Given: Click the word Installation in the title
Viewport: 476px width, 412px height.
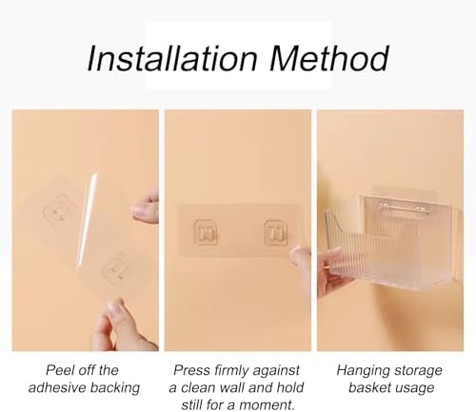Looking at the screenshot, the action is [x=171, y=58].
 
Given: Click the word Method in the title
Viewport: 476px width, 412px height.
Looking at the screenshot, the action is [x=329, y=58].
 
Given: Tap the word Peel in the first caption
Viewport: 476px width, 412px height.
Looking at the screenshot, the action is [x=57, y=370].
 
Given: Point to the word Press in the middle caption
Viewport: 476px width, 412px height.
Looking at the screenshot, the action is [x=191, y=370].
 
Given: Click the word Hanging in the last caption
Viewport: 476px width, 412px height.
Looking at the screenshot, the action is [x=358, y=371].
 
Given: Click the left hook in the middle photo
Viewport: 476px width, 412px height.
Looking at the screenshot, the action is [x=206, y=233].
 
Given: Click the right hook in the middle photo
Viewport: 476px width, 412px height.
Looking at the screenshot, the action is [x=276, y=233].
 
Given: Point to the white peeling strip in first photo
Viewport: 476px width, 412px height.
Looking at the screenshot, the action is [x=87, y=219].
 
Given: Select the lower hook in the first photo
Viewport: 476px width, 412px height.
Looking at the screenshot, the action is [x=116, y=268].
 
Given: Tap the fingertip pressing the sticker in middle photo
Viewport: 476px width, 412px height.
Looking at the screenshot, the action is [x=299, y=256].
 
